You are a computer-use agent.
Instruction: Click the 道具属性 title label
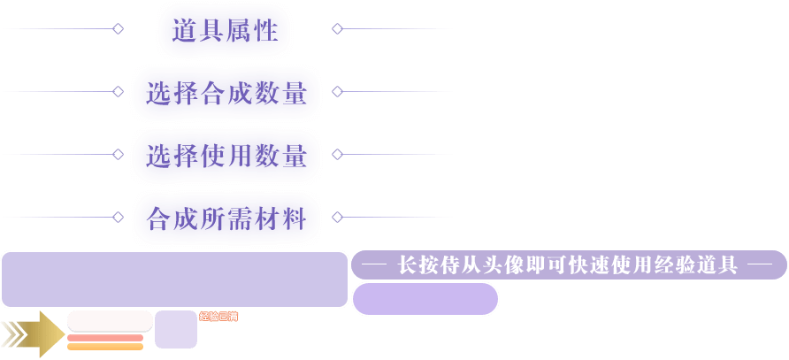225,31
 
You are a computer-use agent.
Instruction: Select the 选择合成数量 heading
226,93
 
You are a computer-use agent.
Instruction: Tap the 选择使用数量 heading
226,156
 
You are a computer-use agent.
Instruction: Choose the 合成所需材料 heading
226,218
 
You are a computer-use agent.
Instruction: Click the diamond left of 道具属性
118,29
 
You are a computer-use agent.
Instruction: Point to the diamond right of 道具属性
337,29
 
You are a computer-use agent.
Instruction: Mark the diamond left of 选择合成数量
118,91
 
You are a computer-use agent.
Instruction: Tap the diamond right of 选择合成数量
337,91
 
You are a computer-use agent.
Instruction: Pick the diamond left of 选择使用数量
118,154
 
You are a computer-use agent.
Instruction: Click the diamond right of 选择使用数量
337,154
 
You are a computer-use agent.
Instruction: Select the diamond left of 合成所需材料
118,217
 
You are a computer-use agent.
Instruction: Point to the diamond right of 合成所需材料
337,217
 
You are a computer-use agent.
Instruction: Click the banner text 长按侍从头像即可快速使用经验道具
568,264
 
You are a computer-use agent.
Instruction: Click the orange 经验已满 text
218,317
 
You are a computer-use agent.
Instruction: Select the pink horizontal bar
105,338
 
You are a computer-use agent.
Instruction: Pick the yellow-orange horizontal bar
105,347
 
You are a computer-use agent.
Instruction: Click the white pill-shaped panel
110,320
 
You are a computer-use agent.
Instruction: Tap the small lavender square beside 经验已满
176,330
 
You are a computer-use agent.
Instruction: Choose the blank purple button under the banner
425,299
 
